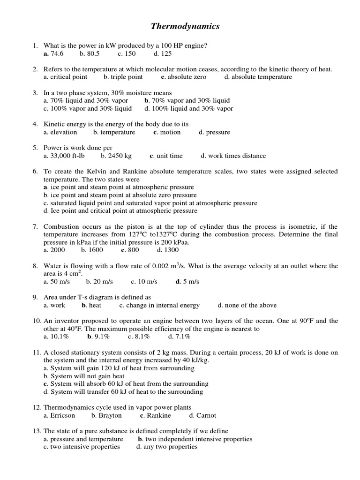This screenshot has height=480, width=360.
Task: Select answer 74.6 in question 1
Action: click(x=56, y=54)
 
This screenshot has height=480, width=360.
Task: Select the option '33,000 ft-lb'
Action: click(x=63, y=156)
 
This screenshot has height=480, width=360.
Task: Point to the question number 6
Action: click(x=35, y=172)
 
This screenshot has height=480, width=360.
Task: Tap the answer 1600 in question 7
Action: click(x=96, y=250)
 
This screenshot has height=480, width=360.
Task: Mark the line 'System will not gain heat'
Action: click(x=84, y=376)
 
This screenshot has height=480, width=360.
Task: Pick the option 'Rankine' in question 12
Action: click(x=158, y=415)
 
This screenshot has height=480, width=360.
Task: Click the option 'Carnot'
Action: click(x=206, y=415)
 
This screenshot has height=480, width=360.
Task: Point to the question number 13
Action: click(x=37, y=431)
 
